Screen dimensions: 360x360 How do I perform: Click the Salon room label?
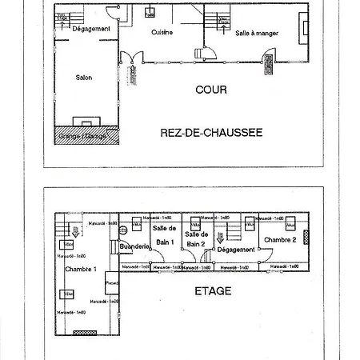(x=83, y=77)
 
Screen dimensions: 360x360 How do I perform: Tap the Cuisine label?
(x=162, y=32)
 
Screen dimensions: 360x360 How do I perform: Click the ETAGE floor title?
(x=213, y=291)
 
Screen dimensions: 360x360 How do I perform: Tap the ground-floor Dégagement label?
(x=90, y=29)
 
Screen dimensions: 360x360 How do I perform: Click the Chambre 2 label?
(x=280, y=239)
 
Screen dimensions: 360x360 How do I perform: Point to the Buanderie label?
(x=133, y=247)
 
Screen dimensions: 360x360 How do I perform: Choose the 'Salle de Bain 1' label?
(x=165, y=236)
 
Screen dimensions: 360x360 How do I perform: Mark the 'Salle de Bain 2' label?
(x=196, y=238)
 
